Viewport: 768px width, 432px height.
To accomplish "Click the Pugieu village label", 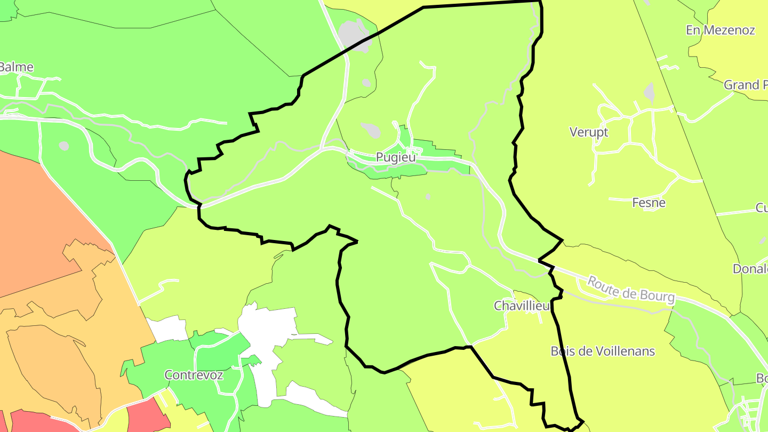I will click(x=396, y=157).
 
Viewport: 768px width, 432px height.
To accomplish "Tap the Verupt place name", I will click(x=589, y=132).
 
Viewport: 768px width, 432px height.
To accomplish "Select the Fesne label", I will click(x=649, y=203).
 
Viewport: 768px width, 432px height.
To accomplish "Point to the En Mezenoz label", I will click(x=721, y=30).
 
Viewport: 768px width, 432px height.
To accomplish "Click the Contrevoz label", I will click(x=194, y=375).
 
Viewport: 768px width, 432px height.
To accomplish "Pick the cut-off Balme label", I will click(x=17, y=67).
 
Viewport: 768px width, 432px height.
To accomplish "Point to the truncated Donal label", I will click(x=750, y=269).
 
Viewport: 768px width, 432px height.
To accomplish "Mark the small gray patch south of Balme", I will click(x=64, y=146).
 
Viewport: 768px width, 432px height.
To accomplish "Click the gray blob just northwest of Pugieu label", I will click(x=371, y=130).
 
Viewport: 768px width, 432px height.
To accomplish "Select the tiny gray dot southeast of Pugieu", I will click(x=428, y=197).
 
